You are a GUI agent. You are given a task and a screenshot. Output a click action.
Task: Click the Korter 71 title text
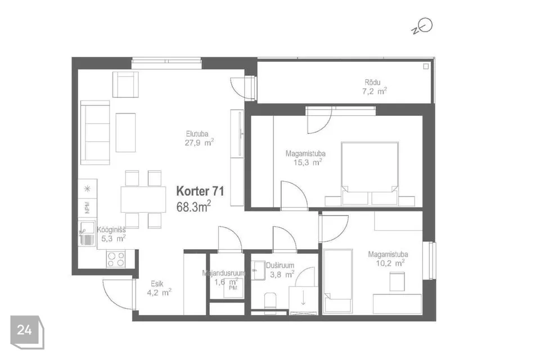pos(200,191)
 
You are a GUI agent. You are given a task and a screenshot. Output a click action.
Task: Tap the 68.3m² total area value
pos(193,206)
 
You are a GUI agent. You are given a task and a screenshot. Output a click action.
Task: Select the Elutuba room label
pos(197,134)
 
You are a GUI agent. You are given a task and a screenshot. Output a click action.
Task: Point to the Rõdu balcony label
pos(372,82)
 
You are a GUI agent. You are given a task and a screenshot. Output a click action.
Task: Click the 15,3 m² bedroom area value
pos(308,162)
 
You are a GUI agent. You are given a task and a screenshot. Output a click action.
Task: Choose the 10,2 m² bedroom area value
pos(390,263)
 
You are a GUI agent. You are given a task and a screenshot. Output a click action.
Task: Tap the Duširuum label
pos(280,265)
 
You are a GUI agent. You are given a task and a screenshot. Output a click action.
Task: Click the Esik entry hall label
pos(157,284)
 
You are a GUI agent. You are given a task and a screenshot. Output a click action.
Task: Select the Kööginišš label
pos(111,229)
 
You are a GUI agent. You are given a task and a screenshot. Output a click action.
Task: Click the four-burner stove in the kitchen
pos(116,259)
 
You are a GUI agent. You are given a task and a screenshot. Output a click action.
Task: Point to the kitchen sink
pos(87,233)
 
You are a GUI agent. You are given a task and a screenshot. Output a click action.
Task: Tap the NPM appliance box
pos(88,208)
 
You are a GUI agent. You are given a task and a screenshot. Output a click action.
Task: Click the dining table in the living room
pos(143,200)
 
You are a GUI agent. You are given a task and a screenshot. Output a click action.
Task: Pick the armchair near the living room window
pos(125,84)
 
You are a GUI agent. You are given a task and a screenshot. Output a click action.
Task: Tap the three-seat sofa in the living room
pos(95,133)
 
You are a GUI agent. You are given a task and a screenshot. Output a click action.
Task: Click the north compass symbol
pos(422,27)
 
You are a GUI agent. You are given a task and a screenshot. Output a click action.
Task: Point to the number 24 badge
pos(27,332)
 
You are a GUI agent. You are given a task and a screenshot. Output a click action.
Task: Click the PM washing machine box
pos(233,288)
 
